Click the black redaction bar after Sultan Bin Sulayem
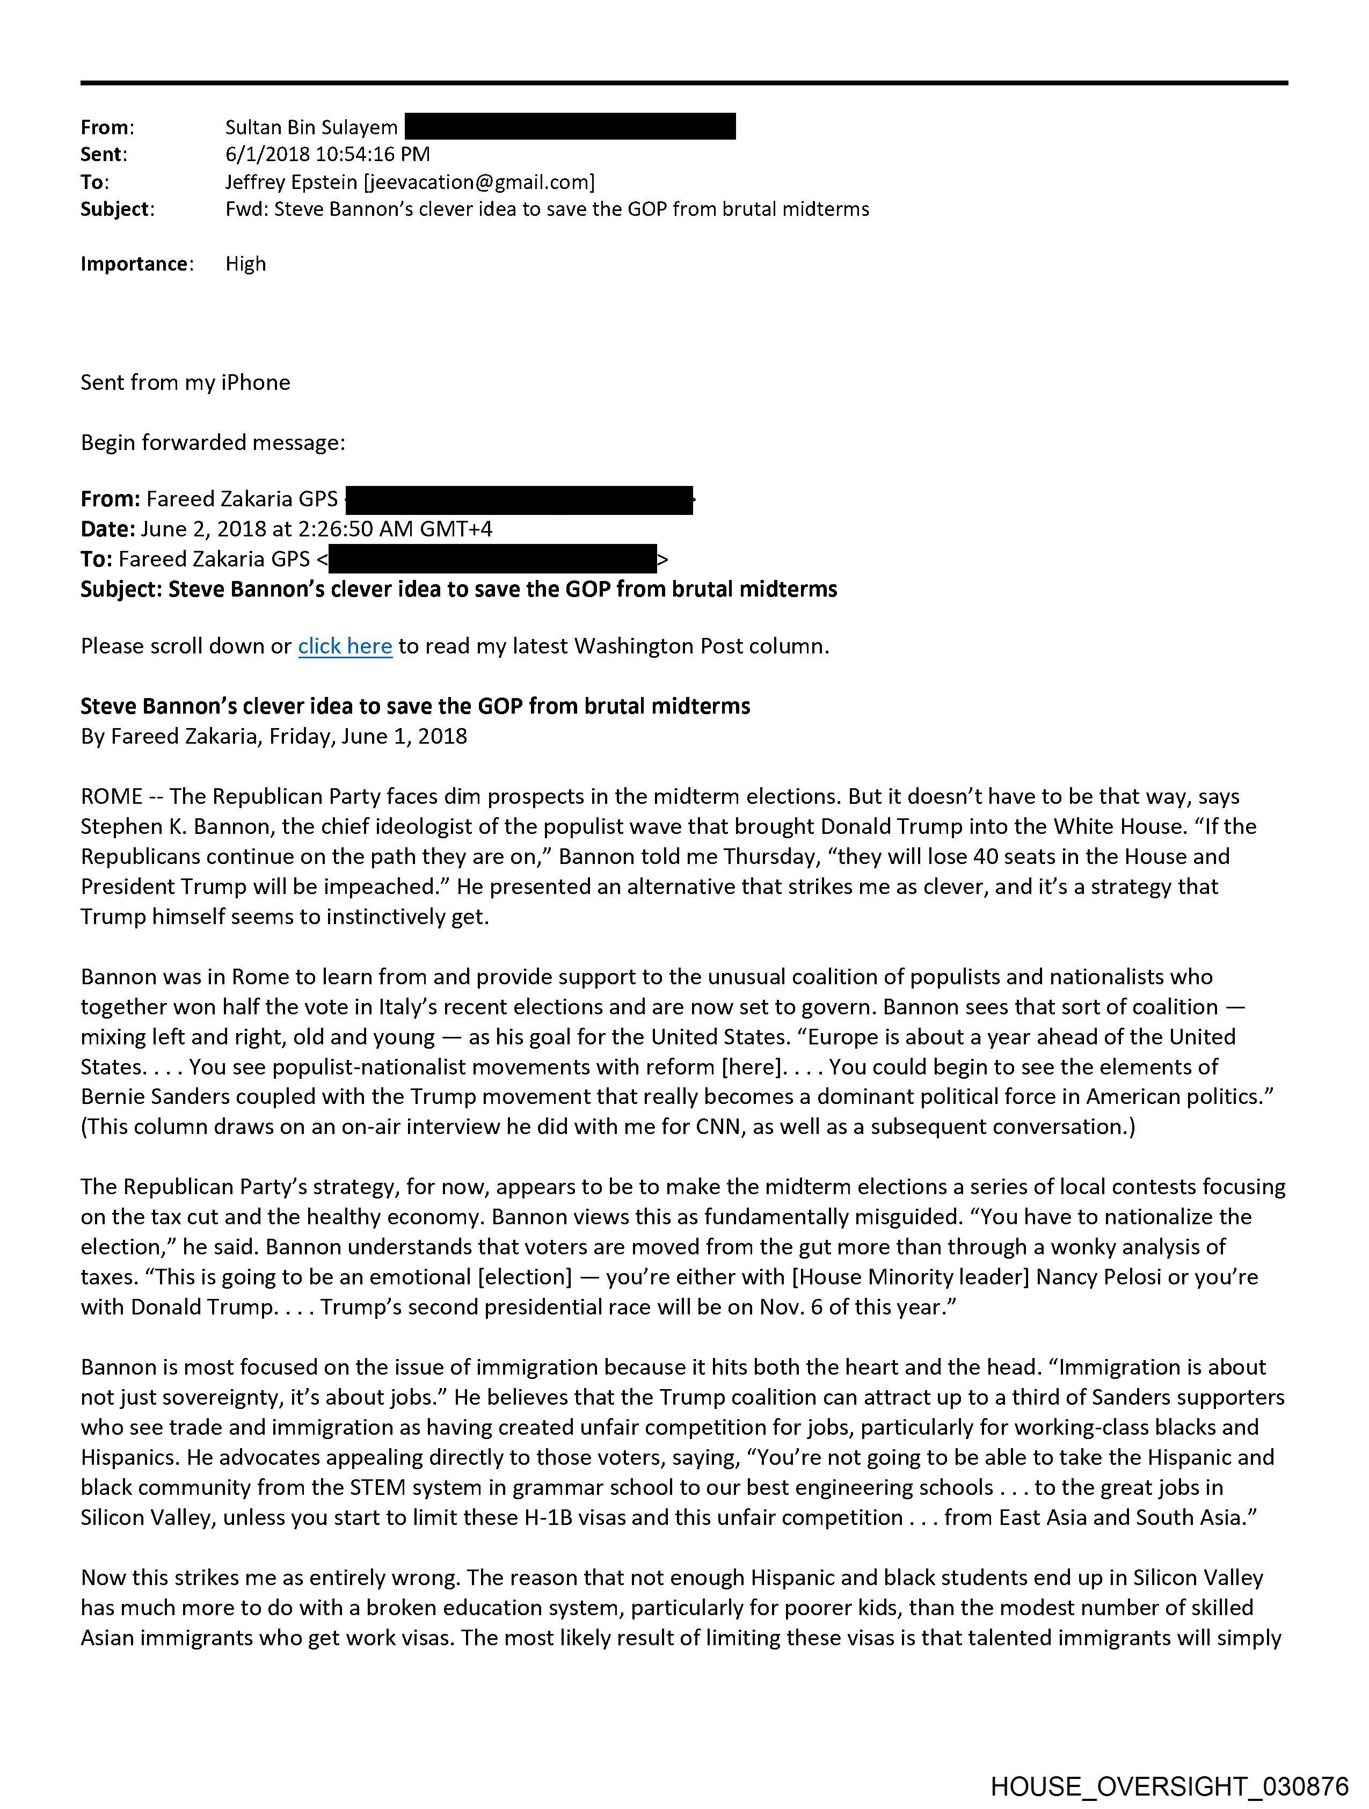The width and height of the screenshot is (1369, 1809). point(570,127)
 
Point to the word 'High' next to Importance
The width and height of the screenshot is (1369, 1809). point(245,263)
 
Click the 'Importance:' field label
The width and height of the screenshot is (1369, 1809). point(136,263)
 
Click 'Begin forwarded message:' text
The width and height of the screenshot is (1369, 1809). point(213,442)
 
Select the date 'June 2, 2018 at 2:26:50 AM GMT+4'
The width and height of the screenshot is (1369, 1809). point(317,529)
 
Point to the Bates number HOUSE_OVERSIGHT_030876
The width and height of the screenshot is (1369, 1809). point(1169,1786)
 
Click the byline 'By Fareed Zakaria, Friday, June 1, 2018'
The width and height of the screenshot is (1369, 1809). point(273,736)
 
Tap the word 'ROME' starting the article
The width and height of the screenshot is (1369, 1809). point(111,796)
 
